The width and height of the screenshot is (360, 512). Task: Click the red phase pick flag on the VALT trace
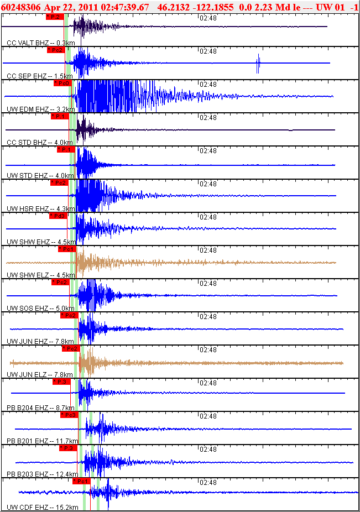point(54,17)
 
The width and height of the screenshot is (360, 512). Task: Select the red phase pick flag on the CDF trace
point(81,481)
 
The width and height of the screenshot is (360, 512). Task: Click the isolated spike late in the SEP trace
point(258,64)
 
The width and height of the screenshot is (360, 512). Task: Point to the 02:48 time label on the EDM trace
point(207,84)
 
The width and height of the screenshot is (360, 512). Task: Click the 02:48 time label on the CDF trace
point(207,482)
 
